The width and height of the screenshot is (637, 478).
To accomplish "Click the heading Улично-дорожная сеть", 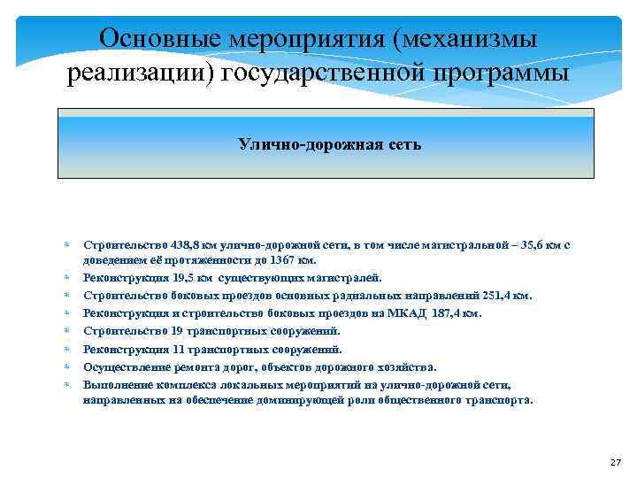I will pos(329,144).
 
